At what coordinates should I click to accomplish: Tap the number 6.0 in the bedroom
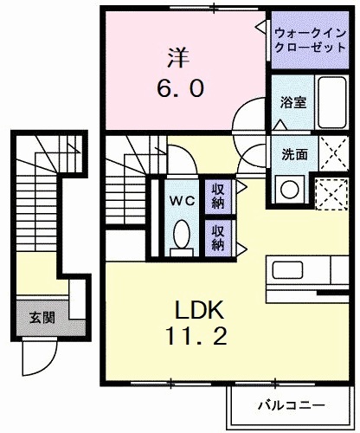[180, 88]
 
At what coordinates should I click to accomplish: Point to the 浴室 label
[292, 102]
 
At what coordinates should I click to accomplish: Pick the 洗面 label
[292, 155]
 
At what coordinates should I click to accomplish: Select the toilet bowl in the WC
[182, 234]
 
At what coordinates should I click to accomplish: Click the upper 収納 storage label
[218, 196]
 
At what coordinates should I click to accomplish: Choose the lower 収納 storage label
[218, 237]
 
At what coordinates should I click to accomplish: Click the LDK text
[202, 309]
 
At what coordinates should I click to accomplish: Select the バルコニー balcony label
[290, 404]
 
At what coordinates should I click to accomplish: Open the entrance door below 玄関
[39, 355]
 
